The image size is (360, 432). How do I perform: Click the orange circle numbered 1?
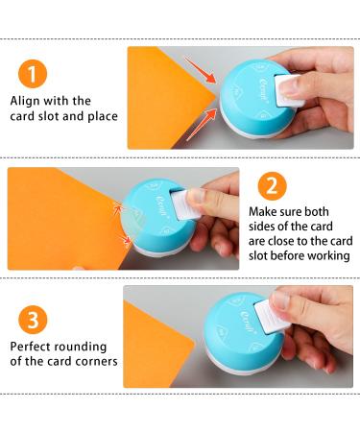point(33,74)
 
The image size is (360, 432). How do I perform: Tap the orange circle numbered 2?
point(272,186)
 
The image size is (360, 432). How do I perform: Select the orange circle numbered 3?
point(33,320)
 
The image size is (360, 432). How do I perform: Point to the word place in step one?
point(103,116)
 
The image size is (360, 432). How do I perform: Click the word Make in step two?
point(262,212)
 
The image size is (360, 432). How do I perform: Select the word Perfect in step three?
point(31,347)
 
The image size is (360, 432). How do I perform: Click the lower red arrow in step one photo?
point(202,125)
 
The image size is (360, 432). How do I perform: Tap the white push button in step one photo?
point(288,90)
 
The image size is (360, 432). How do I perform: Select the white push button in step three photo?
point(272,316)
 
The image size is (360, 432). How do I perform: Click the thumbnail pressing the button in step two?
point(196,196)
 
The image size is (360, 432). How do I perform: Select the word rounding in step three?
point(81,348)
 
